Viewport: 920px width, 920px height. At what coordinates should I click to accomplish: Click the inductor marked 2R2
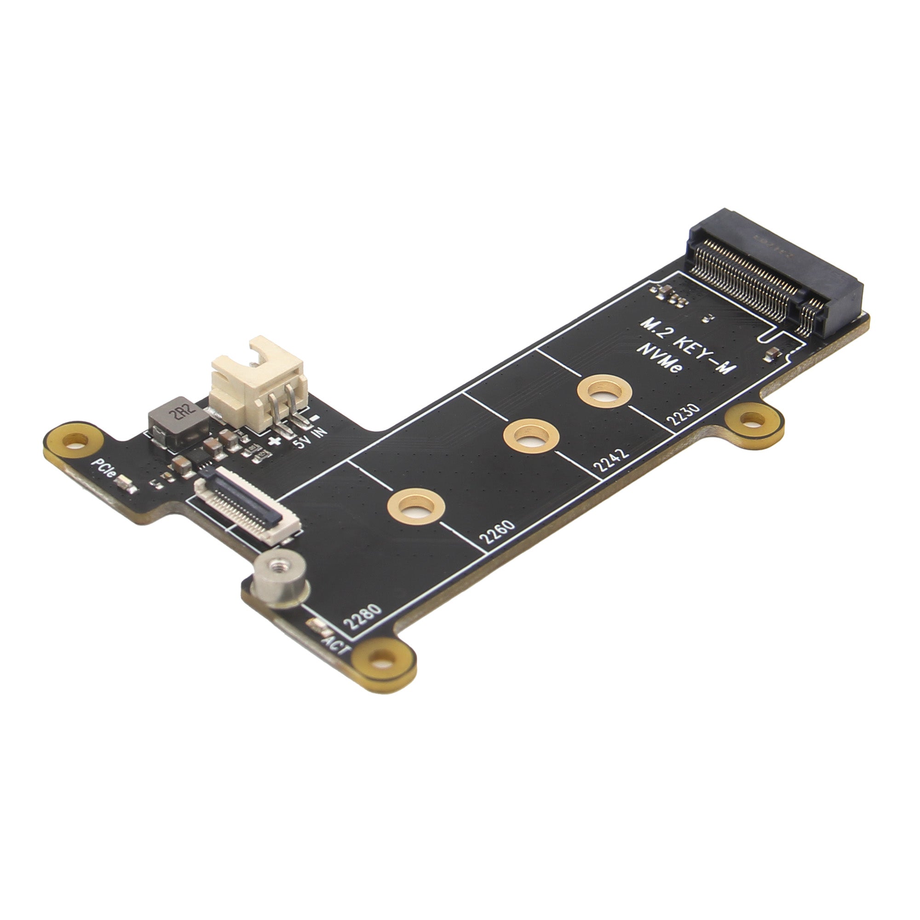tap(178, 422)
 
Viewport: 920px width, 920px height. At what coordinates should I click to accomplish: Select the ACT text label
tap(337, 645)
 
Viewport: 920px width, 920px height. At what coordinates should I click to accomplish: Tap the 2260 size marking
tap(497, 532)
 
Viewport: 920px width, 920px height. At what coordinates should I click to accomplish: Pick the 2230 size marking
tap(684, 414)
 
